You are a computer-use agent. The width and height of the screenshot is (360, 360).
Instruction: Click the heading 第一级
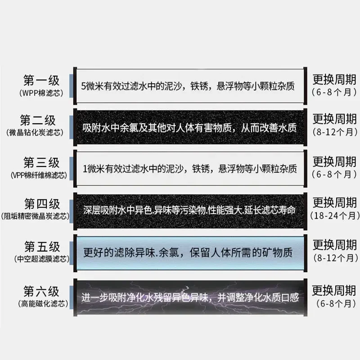41,80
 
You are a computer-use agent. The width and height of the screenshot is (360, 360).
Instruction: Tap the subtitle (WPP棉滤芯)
41,93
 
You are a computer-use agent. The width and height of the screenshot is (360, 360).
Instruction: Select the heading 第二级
38,120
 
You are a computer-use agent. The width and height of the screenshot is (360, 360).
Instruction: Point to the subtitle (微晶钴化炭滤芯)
35,132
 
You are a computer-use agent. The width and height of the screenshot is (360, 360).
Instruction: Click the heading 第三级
41,162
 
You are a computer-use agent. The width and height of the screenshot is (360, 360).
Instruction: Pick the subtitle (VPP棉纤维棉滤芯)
39,175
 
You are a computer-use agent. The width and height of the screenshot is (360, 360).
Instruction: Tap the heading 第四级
42,204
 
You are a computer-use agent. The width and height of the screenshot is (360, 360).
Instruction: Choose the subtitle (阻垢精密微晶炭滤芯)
35,216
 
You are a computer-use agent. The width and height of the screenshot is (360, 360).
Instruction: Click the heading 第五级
42,247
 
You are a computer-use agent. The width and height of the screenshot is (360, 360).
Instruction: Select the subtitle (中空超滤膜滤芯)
42,259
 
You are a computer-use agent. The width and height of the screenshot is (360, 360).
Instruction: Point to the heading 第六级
41,291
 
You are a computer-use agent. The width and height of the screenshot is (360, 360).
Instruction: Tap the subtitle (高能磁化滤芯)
43,304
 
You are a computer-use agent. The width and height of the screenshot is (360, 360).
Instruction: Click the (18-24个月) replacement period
335,216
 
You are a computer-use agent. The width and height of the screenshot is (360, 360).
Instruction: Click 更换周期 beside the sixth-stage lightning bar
334,290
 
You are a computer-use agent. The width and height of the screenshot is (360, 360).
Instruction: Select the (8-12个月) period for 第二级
335,132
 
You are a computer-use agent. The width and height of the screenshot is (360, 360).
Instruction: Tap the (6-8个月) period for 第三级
334,175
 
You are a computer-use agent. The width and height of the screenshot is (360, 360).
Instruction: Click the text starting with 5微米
188,86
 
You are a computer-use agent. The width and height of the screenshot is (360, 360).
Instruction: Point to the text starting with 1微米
189,169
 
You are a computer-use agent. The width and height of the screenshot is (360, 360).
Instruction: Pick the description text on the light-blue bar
188,252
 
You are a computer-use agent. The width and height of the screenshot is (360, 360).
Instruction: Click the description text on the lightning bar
190,297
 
